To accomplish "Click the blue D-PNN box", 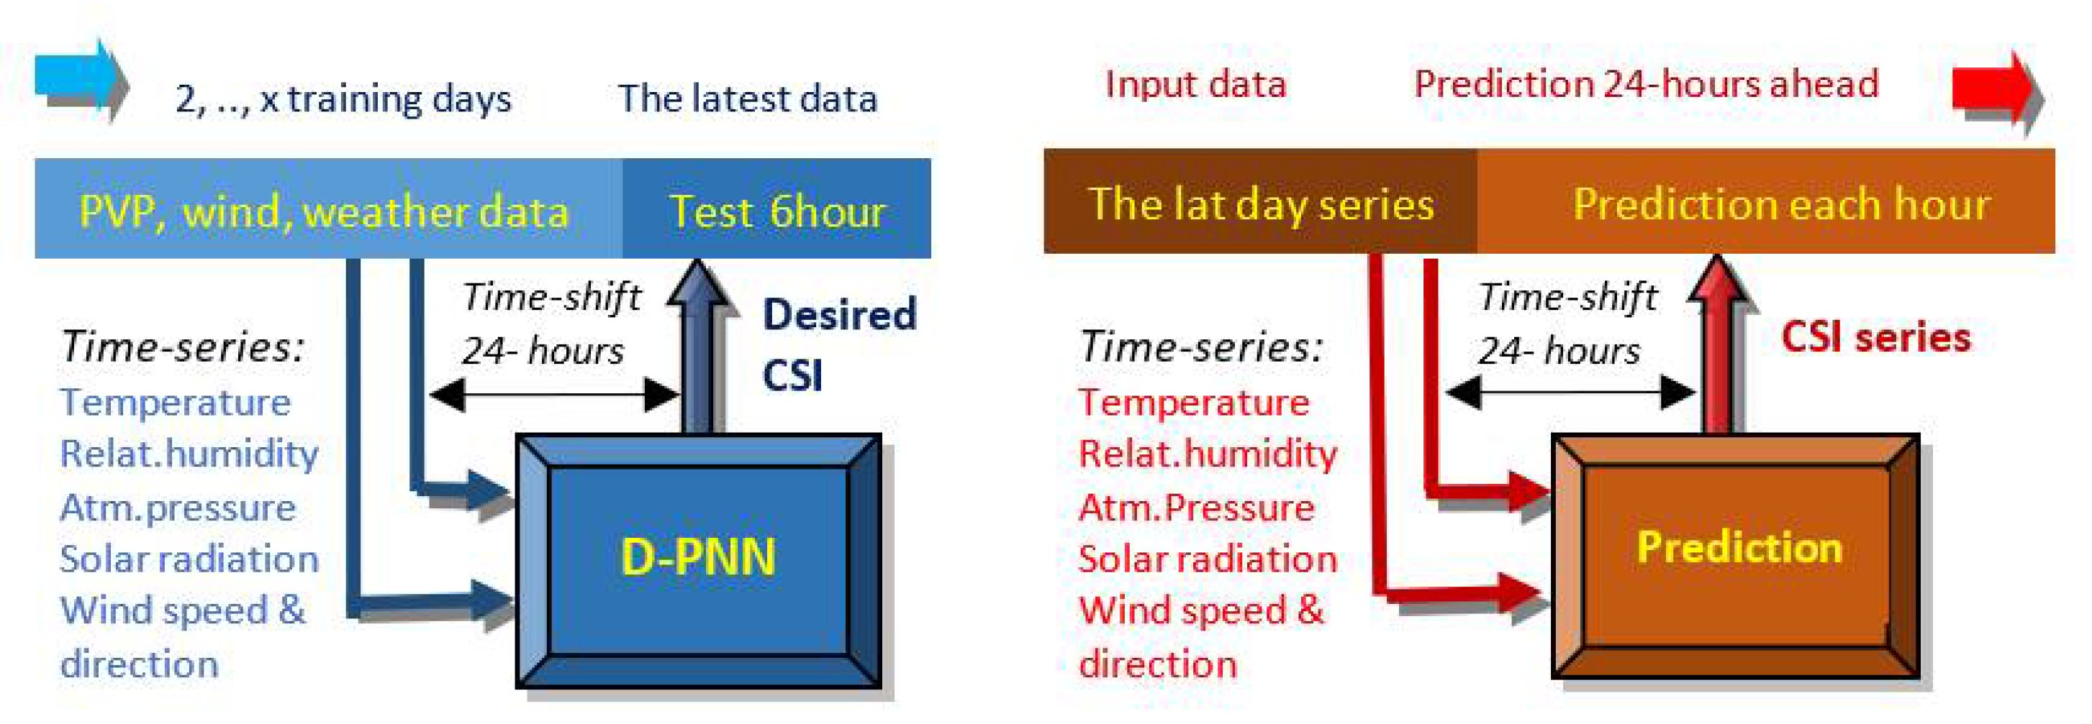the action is click(699, 560).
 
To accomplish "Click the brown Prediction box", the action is click(1736, 556).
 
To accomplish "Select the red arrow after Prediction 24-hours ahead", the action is click(1996, 89).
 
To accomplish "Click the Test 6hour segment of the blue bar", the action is click(776, 209).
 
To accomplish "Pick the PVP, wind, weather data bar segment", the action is click(328, 209).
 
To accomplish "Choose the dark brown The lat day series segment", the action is click(1260, 201).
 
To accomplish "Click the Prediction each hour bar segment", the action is click(1766, 201).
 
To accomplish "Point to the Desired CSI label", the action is click(839, 344).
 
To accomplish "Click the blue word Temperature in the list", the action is click(176, 402).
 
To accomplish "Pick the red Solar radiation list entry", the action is click(1208, 559).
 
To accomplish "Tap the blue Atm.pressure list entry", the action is click(178, 508).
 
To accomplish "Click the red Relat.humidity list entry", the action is click(1208, 454).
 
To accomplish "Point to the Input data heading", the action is click(1196, 84).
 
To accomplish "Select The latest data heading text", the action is click(748, 98).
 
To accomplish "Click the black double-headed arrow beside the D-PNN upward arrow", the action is click(554, 395).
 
